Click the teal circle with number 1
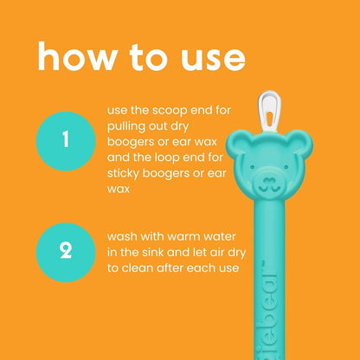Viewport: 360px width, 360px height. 65,140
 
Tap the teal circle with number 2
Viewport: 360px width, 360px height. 65,252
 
